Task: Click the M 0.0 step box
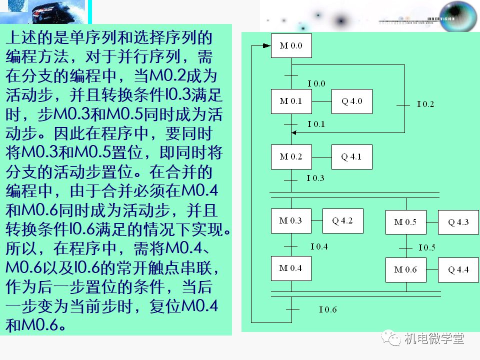291,46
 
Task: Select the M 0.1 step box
291,101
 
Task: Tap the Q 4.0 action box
352,101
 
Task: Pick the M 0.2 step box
291,157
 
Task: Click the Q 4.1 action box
351,157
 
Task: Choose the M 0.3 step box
291,221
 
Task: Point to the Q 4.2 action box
343,221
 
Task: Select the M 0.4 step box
291,268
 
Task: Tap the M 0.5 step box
405,222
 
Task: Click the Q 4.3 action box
458,222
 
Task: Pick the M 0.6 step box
405,270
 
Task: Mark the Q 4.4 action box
458,270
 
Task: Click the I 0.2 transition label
425,104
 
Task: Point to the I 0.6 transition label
328,310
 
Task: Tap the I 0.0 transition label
316,83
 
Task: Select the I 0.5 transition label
426,247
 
